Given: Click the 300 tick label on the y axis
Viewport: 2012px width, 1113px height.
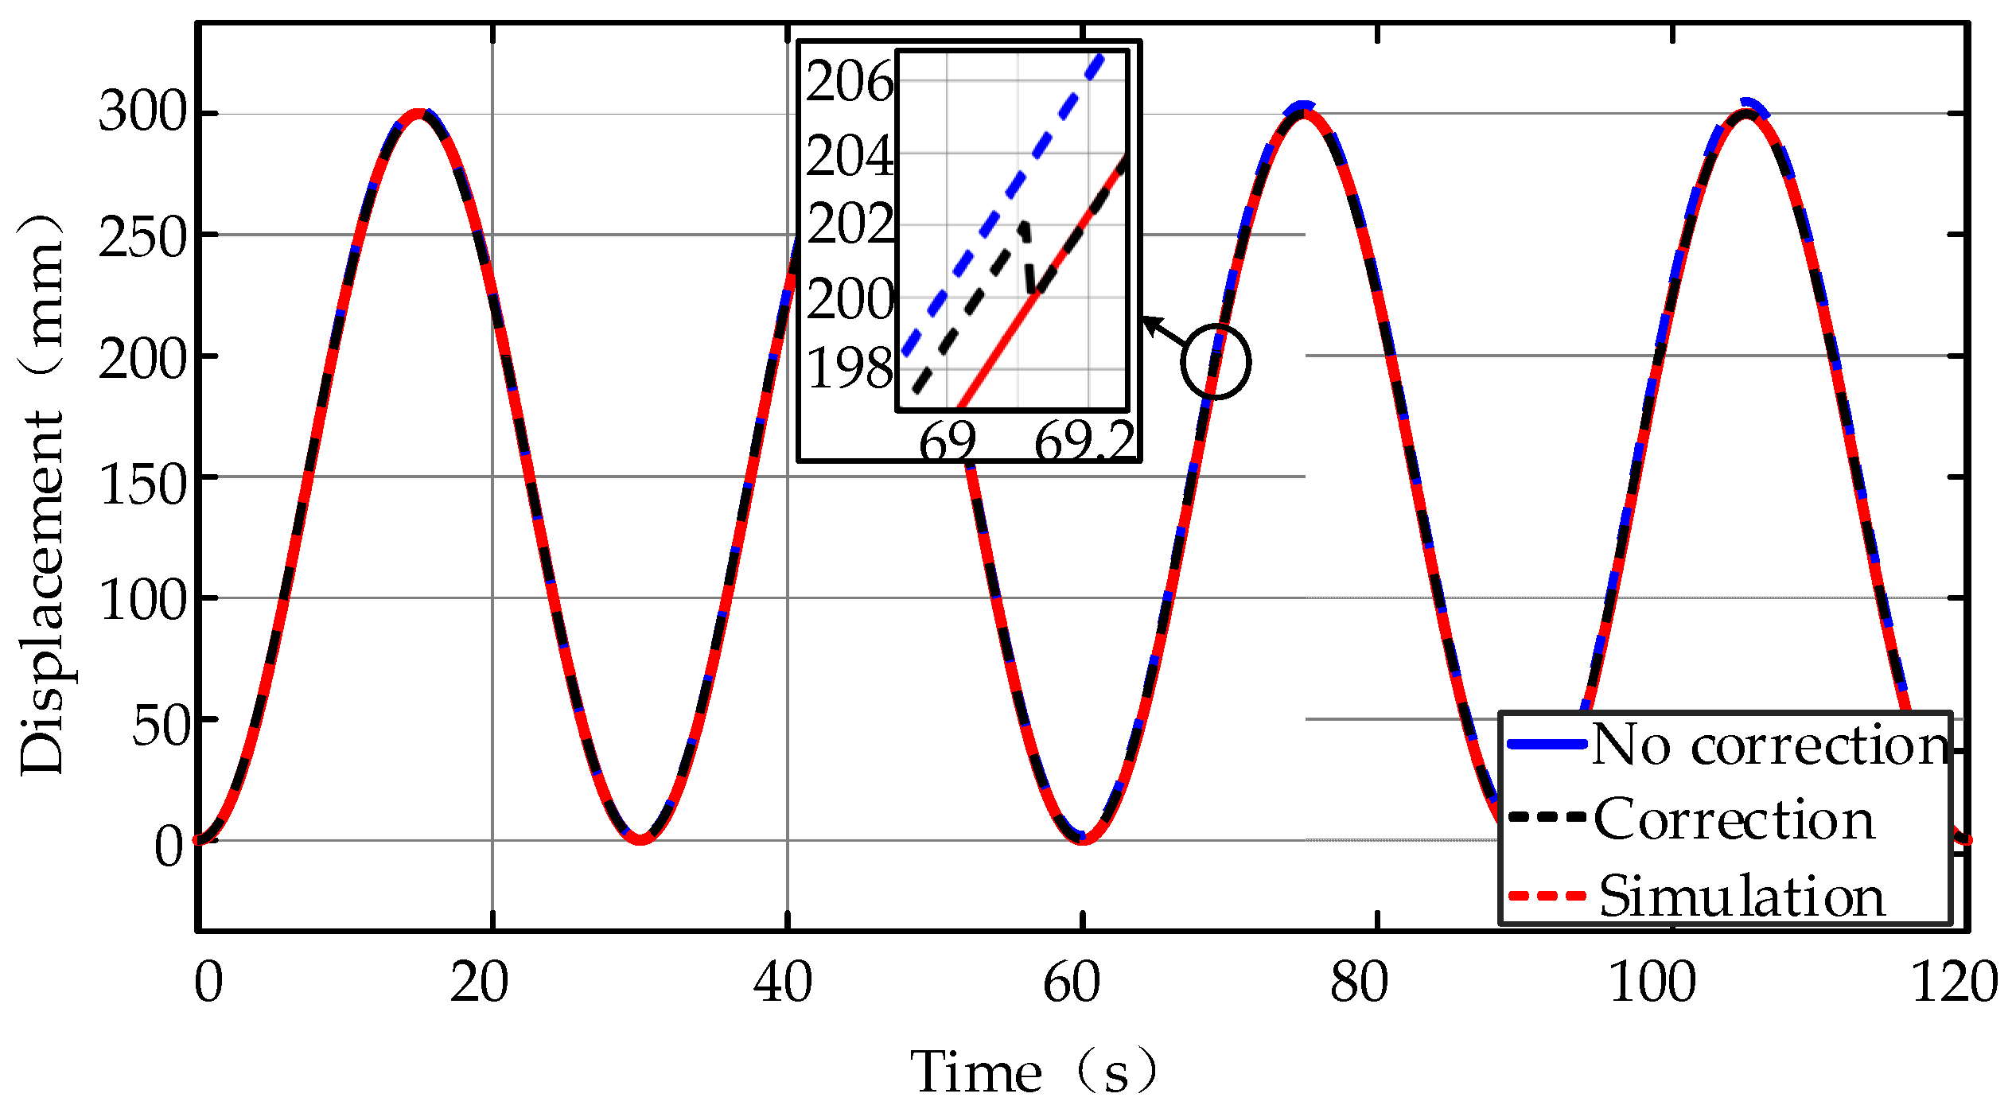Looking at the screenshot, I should coord(142,112).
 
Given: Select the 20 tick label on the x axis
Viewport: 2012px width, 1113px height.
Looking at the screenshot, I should coord(479,983).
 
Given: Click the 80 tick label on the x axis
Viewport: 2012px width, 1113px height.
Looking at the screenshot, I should coord(1359,983).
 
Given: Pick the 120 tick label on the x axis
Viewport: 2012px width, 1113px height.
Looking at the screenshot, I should coord(1954,983).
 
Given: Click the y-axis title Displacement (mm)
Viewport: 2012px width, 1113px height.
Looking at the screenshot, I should coord(41,493).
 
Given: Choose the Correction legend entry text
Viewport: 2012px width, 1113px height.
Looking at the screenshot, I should coord(1734,819).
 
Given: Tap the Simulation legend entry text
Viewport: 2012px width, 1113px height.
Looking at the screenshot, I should coord(1742,897).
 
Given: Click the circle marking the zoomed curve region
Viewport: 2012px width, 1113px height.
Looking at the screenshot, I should coord(1216,362).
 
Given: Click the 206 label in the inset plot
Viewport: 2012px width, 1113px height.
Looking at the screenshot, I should coord(849,82).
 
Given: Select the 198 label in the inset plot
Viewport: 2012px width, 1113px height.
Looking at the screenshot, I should coord(849,368).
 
